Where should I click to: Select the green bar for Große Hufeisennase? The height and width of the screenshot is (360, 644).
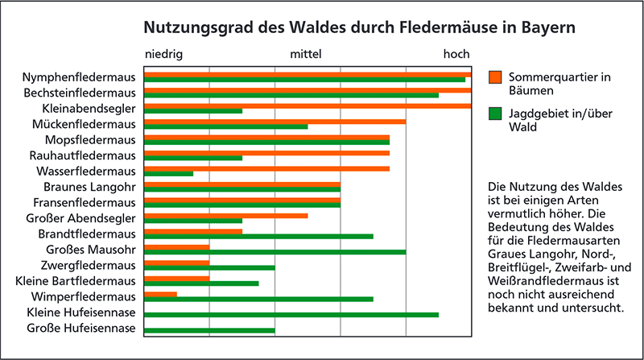click(x=209, y=330)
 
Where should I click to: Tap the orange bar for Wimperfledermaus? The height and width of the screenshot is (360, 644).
click(x=160, y=294)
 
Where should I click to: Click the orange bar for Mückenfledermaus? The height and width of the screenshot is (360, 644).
click(x=275, y=121)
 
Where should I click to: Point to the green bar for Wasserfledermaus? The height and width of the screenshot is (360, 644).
click(x=168, y=173)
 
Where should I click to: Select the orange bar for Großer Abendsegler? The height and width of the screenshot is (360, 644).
click(x=225, y=215)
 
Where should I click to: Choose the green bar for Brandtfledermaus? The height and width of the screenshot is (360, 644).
click(x=258, y=236)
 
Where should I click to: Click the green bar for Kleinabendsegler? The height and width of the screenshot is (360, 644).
click(x=193, y=110)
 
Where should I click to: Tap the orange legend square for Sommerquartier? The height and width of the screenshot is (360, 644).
click(x=496, y=77)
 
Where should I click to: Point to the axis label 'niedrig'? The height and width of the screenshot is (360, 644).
click(x=163, y=55)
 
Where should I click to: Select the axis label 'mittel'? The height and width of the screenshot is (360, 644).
click(x=306, y=55)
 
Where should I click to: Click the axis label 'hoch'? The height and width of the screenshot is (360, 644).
click(x=456, y=55)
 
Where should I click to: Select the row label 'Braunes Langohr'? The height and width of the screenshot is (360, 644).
click(x=94, y=188)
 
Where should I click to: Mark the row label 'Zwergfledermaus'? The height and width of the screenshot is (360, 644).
click(x=88, y=265)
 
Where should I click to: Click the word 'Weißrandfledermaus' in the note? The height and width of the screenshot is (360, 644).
click(x=545, y=280)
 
